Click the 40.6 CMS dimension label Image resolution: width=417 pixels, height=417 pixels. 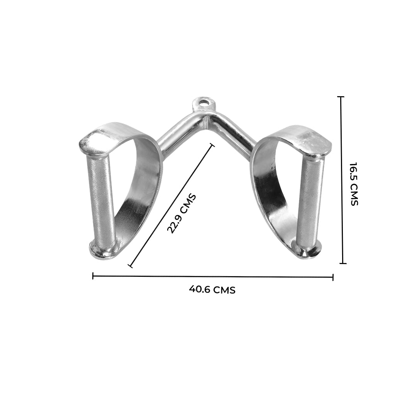(212, 290)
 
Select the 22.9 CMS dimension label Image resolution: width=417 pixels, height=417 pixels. (181, 214)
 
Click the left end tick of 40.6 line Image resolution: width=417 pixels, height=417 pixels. (93, 276)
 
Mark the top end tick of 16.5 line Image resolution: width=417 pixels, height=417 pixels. (341, 97)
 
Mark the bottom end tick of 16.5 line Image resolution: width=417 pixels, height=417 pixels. (342, 263)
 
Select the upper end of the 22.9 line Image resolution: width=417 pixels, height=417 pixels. (212, 146)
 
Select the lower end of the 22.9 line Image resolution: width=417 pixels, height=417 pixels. (131, 266)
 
